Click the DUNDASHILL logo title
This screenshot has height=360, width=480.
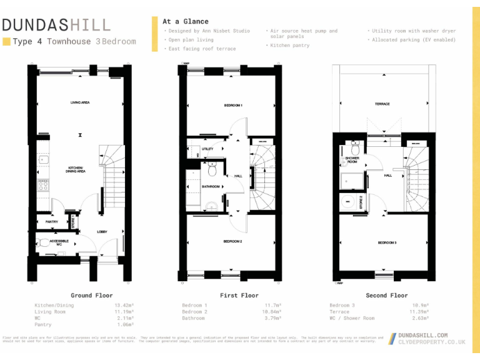click(56, 25)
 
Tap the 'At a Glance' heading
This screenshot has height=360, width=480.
click(186, 21)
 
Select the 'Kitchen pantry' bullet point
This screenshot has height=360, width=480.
click(289, 46)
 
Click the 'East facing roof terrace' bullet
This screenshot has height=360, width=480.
click(202, 49)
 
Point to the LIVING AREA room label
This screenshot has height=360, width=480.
click(80, 102)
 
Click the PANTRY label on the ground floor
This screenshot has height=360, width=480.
click(51, 222)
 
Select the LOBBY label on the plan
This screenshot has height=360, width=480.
click(102, 232)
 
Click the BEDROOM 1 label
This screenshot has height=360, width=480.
click(233, 106)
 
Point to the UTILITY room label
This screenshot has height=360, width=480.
click(207, 149)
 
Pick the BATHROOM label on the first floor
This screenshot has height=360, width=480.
click(211, 187)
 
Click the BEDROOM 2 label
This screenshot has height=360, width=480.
click(233, 241)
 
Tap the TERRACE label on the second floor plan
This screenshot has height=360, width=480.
click(382, 104)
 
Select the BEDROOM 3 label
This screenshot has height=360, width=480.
click(387, 242)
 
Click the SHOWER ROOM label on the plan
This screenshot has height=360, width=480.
click(352, 160)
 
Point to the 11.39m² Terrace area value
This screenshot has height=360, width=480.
click(419, 311)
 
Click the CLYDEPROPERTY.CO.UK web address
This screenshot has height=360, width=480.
click(432, 342)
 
